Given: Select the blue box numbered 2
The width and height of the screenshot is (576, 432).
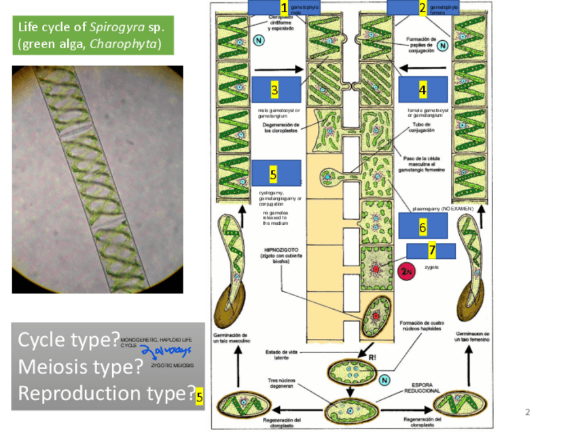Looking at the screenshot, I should (411, 7).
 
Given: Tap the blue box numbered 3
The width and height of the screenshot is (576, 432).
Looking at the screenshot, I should (275, 89).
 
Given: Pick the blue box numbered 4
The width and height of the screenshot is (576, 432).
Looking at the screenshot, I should (422, 89).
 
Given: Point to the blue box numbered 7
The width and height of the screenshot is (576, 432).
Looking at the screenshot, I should (431, 250).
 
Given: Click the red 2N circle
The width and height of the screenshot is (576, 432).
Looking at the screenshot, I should (406, 270).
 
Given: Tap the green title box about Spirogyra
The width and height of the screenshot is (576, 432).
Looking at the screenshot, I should (93, 35).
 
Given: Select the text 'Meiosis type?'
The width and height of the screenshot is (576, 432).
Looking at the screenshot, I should (79, 367).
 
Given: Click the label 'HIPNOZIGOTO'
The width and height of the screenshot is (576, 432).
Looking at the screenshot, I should (278, 249).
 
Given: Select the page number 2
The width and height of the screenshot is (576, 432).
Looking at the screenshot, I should (527, 412).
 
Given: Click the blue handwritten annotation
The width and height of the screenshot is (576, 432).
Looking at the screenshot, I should (166, 350).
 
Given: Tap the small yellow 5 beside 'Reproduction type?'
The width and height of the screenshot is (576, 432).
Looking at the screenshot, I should (199, 397).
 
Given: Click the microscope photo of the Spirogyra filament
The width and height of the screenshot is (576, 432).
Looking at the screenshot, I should (98, 179).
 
